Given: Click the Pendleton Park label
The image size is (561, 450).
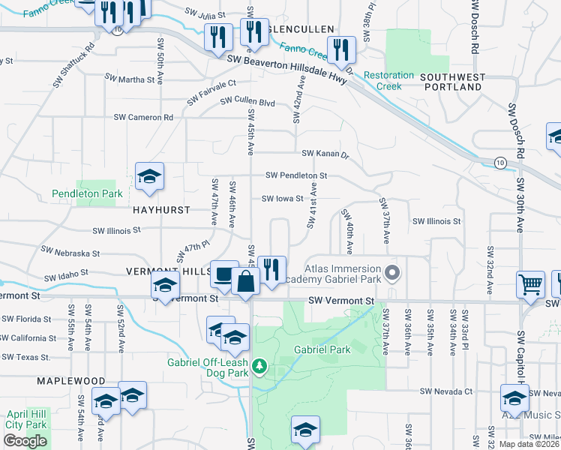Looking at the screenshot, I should tap(87, 193).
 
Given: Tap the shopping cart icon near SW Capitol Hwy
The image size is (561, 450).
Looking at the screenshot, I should tap(531, 285).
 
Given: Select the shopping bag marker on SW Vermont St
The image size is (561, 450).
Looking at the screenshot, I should tap(246, 283).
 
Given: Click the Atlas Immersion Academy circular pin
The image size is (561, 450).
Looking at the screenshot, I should tap(391, 272).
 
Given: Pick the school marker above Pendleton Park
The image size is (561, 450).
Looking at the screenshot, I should tap(148, 177).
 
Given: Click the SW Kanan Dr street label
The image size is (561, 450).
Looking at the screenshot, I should tap(325, 154).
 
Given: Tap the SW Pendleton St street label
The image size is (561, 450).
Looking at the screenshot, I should tap(296, 175).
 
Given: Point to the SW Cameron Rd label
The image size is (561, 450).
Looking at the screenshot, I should tap(143, 117).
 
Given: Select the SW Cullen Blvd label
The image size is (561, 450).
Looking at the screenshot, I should tap(247, 102).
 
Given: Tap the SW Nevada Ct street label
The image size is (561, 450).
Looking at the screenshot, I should tap(446, 391).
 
